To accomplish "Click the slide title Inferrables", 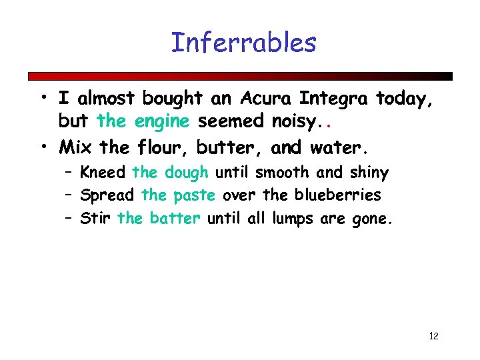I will [243, 43].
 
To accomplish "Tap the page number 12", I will [433, 335].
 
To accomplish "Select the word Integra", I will [335, 99].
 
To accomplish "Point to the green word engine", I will [163, 122].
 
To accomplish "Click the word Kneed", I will [102, 173].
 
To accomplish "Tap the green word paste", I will [195, 195].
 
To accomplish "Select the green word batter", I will [175, 218].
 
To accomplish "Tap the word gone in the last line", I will [371, 218].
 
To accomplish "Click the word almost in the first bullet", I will [107, 99].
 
